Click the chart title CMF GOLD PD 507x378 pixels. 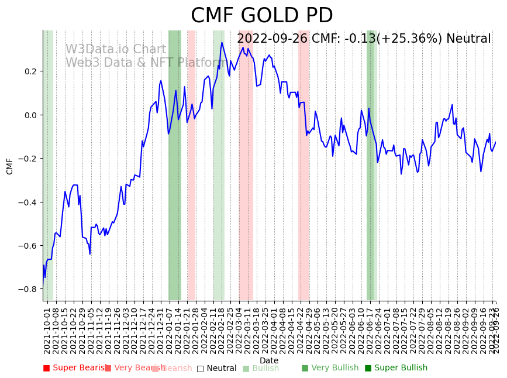[x=261, y=16]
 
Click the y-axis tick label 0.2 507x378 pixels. [x=29, y=71]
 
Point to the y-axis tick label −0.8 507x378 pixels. [x=27, y=289]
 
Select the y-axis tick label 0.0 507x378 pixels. [x=29, y=115]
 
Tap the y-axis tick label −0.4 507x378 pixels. [x=27, y=202]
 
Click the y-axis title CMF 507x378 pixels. [x=10, y=166]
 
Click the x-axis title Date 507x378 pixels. [x=269, y=360]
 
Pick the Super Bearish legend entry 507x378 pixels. [x=75, y=368]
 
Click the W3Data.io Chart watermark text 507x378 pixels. [x=115, y=49]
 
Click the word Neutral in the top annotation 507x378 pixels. [x=468, y=39]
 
